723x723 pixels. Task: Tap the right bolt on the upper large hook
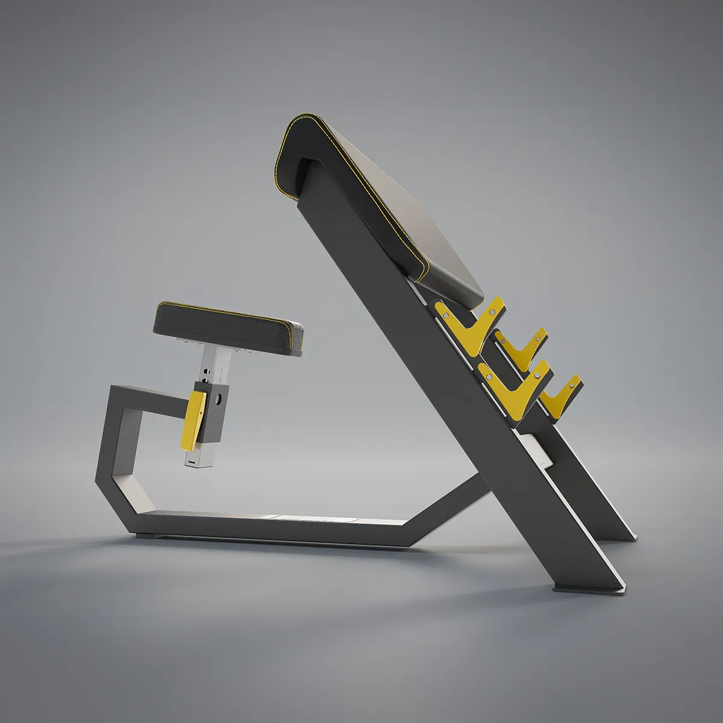[x=493, y=312]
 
